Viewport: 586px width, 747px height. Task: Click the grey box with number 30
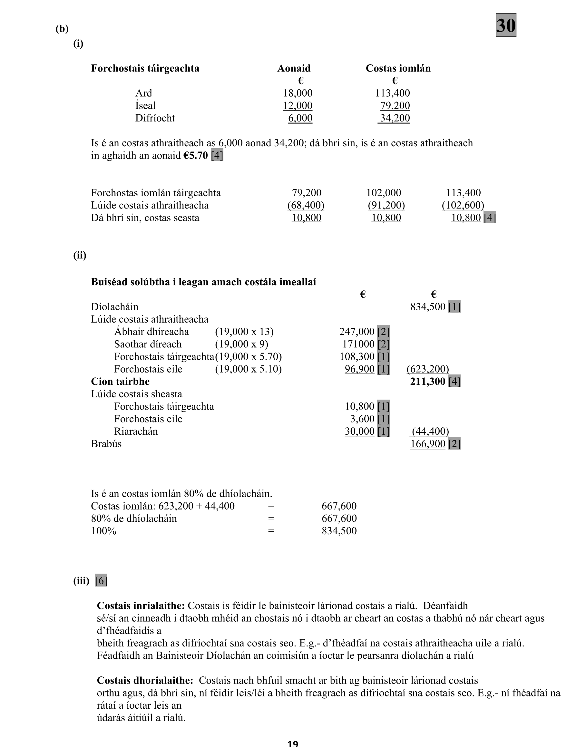click(x=506, y=25)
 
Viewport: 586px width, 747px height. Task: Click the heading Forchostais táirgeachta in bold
click(x=145, y=68)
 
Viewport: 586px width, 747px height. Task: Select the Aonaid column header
click(x=294, y=68)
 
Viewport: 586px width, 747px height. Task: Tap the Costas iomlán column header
click(x=398, y=68)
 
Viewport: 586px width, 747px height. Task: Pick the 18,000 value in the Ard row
click(x=298, y=93)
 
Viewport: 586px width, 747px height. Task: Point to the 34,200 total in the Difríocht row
click(x=395, y=118)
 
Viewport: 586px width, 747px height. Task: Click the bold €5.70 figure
click(x=196, y=155)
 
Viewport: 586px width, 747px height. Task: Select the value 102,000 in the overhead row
click(x=384, y=193)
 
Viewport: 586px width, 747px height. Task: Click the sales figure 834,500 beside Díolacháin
click(x=427, y=306)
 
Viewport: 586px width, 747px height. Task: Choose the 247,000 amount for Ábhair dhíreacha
click(x=357, y=332)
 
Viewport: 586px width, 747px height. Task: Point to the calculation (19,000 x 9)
click(x=241, y=344)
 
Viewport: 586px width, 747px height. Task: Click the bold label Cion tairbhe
click(x=120, y=381)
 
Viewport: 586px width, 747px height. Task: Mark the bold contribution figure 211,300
click(x=427, y=381)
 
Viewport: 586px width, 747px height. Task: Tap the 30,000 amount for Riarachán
click(x=359, y=431)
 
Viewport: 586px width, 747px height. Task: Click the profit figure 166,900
click(x=427, y=444)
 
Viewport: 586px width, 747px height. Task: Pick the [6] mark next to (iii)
click(x=101, y=581)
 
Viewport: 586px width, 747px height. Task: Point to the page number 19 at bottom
click(x=293, y=743)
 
